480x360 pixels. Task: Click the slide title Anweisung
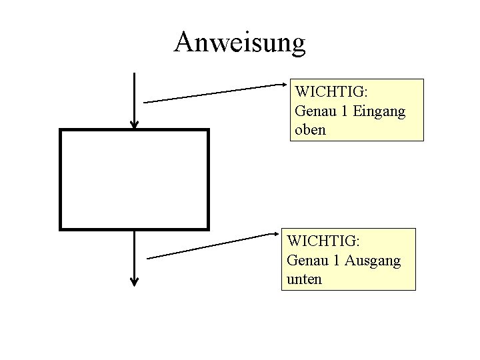coord(239,42)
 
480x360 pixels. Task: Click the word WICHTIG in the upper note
coord(326,91)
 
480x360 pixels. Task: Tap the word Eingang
coord(379,110)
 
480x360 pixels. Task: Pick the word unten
coord(304,279)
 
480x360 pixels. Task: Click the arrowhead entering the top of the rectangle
coord(135,124)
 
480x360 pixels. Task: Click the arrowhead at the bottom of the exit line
coord(135,281)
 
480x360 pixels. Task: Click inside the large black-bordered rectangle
coord(135,179)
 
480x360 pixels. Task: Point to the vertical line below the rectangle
coord(135,253)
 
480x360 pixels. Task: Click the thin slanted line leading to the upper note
coord(213,93)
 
